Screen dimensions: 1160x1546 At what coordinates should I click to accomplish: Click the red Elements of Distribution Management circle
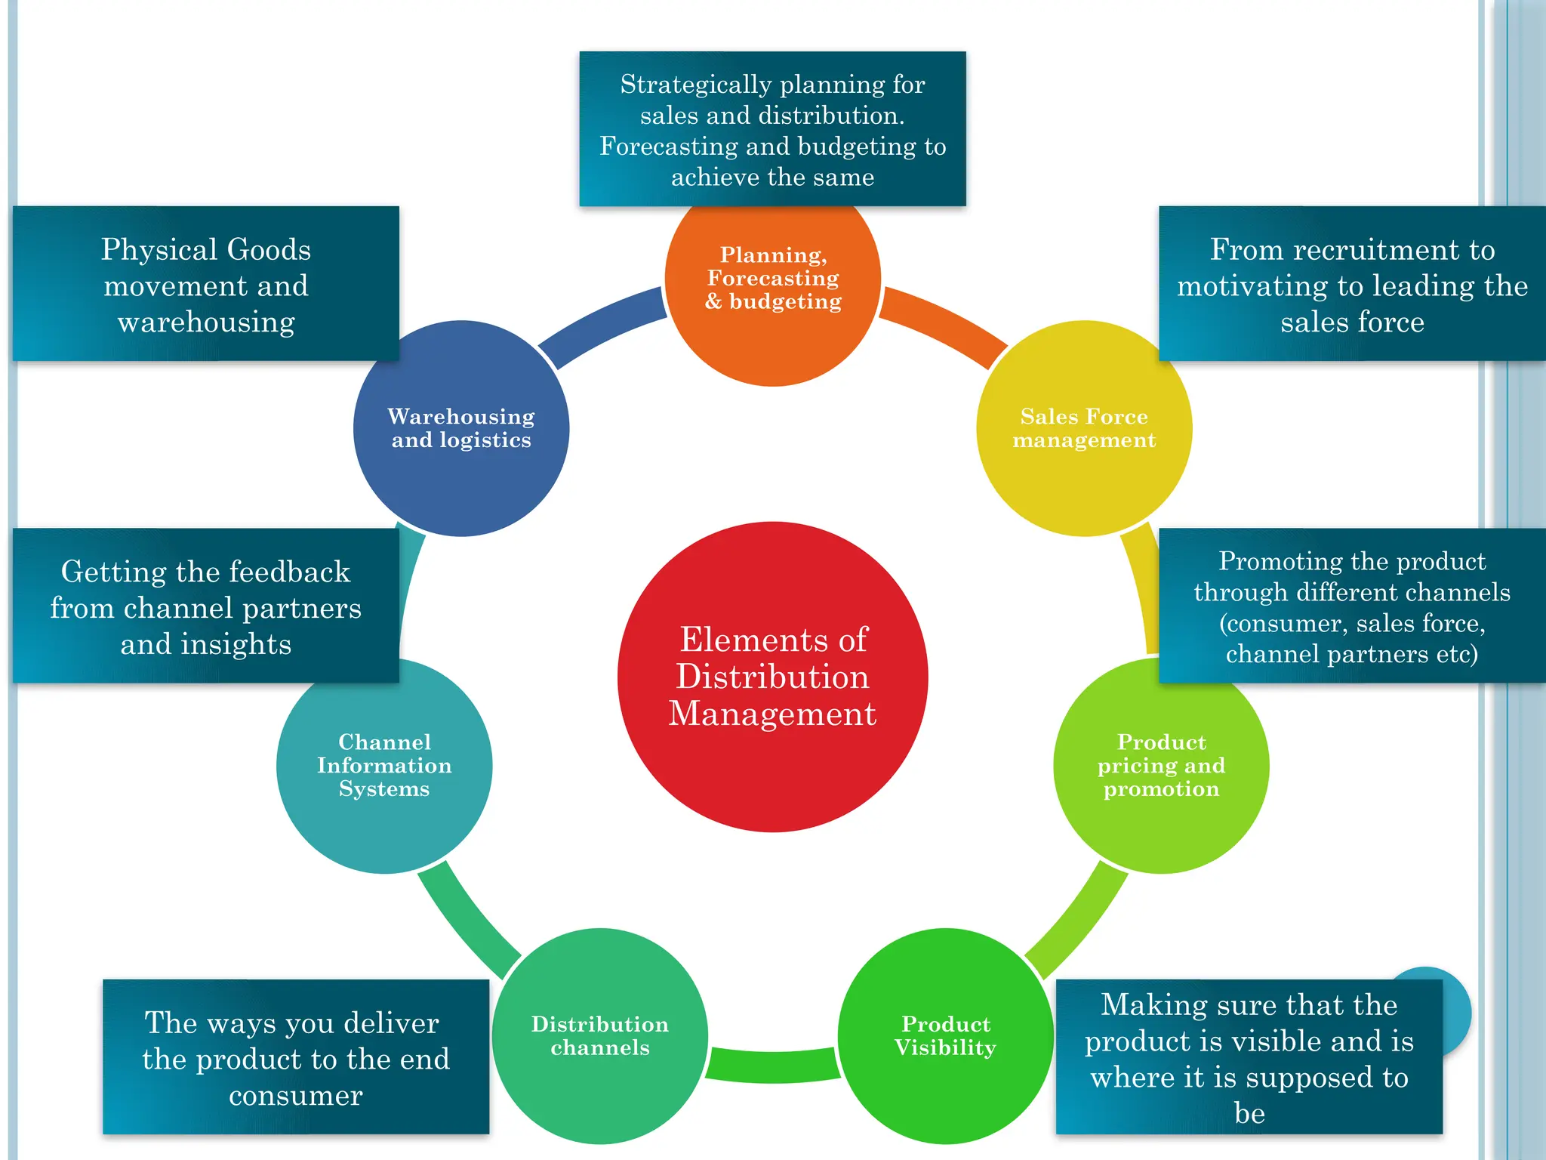click(772, 677)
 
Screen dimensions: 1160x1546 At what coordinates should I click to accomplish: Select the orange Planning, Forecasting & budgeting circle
click(772, 332)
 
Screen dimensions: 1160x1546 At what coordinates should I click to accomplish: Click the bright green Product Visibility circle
click(945, 1087)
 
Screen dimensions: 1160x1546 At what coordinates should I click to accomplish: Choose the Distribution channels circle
click(600, 1087)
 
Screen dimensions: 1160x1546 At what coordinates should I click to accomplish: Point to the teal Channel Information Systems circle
click(383, 823)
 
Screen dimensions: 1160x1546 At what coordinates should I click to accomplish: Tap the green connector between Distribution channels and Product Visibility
click(772, 1065)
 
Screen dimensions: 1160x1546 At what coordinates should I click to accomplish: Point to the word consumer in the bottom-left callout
click(295, 1095)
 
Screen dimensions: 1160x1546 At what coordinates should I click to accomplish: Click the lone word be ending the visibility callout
click(1249, 1113)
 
